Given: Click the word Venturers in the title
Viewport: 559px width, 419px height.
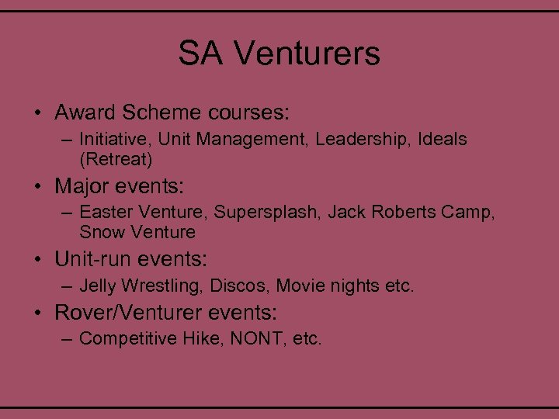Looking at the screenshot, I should tap(307, 54).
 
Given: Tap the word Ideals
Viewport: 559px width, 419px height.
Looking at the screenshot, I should tap(442, 140).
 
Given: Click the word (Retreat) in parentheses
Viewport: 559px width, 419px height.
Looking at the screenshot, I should tap(116, 160).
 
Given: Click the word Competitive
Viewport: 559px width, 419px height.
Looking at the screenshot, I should tap(127, 338).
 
